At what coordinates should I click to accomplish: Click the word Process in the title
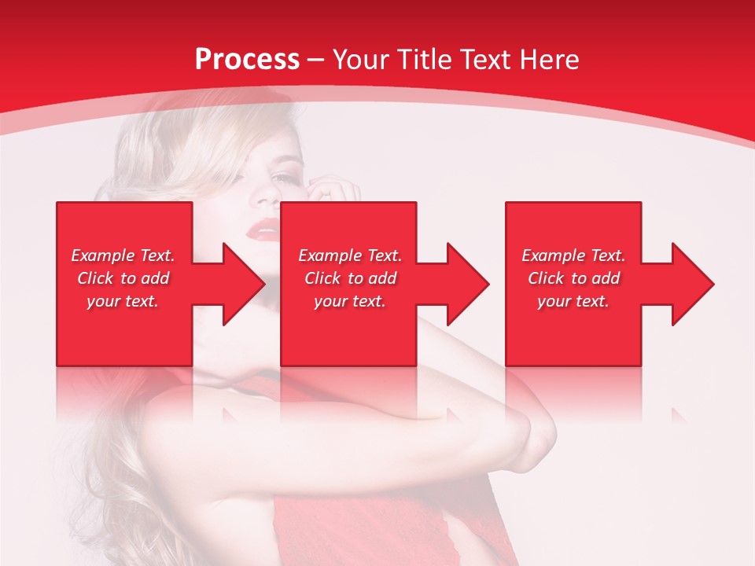[x=247, y=60]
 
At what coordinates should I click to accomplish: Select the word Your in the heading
[x=363, y=60]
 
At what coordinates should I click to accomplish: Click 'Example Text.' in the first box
[x=123, y=255]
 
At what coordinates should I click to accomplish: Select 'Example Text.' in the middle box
[x=350, y=255]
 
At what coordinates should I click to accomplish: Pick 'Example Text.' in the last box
[x=573, y=255]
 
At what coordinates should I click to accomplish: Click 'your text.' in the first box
[x=123, y=301]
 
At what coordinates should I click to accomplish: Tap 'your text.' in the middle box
[x=350, y=301]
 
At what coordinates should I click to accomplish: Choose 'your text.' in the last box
[x=573, y=301]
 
